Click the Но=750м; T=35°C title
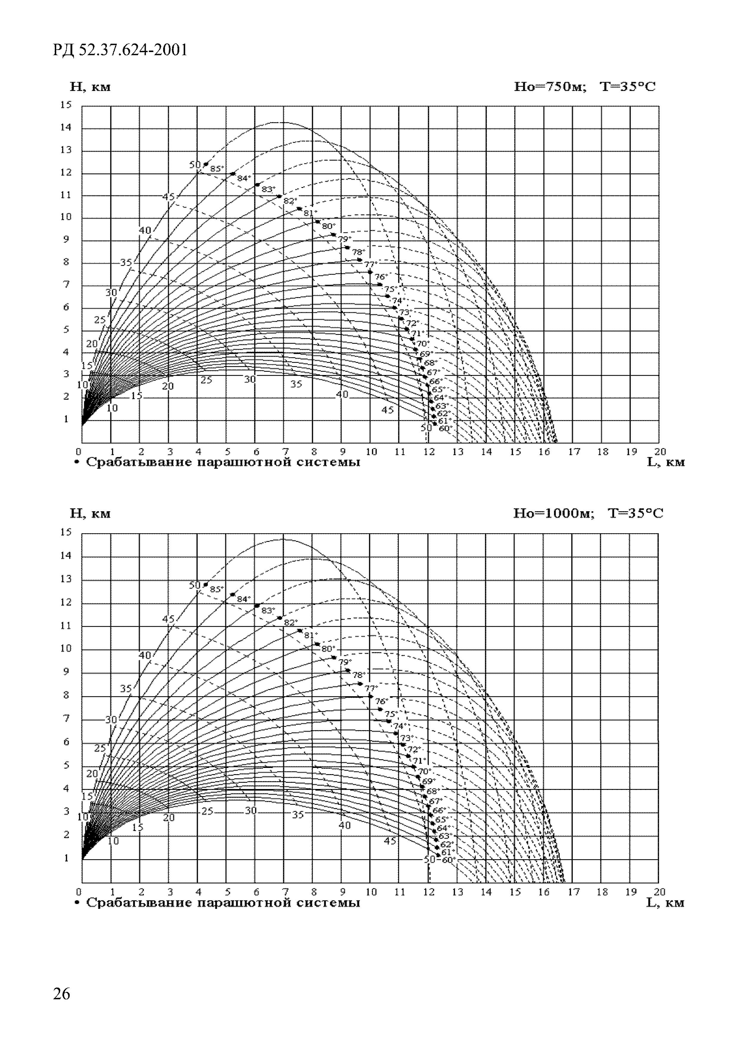[585, 87]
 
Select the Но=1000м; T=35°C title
[588, 514]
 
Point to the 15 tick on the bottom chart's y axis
[66, 532]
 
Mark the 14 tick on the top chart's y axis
[66, 128]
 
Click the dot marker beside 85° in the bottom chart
[206, 585]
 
